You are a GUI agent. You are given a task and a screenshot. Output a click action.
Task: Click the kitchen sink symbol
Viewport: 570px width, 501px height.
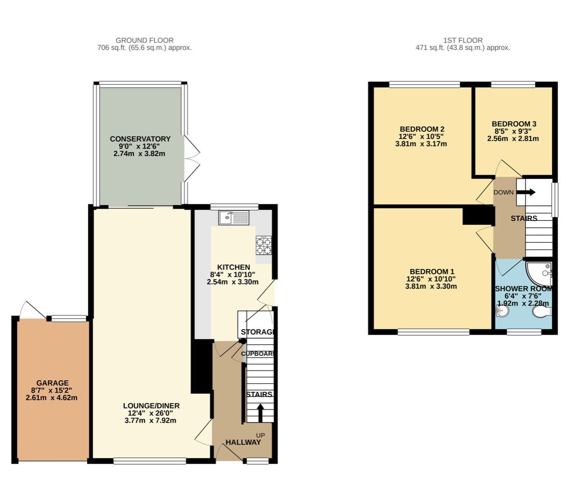[234, 218]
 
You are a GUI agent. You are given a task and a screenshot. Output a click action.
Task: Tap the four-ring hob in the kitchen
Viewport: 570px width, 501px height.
[263, 245]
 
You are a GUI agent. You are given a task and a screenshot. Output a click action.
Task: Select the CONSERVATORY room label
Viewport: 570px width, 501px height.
[140, 139]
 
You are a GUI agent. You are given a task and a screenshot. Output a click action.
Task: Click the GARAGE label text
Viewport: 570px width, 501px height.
[52, 383]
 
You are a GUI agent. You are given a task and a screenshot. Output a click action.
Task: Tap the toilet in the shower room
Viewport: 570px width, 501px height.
[542, 312]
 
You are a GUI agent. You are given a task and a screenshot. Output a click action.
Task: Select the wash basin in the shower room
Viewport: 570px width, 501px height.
[503, 311]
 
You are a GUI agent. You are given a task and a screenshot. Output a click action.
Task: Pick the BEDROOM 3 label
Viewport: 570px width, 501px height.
[514, 124]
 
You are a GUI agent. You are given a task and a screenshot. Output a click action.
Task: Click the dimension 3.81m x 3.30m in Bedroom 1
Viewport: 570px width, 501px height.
[430, 286]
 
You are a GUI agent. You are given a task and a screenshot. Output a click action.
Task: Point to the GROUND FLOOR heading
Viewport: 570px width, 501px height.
[145, 40]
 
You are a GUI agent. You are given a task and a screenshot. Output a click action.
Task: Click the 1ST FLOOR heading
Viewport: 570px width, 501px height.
[463, 40]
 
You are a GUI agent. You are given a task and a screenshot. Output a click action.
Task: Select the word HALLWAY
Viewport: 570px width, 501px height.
[243, 442]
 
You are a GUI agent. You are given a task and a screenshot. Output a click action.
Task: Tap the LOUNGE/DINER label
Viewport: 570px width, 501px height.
[151, 406]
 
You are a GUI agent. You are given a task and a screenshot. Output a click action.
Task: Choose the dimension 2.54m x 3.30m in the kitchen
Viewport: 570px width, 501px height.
[233, 282]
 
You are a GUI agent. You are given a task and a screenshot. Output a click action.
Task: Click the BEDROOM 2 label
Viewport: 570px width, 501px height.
[422, 129]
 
